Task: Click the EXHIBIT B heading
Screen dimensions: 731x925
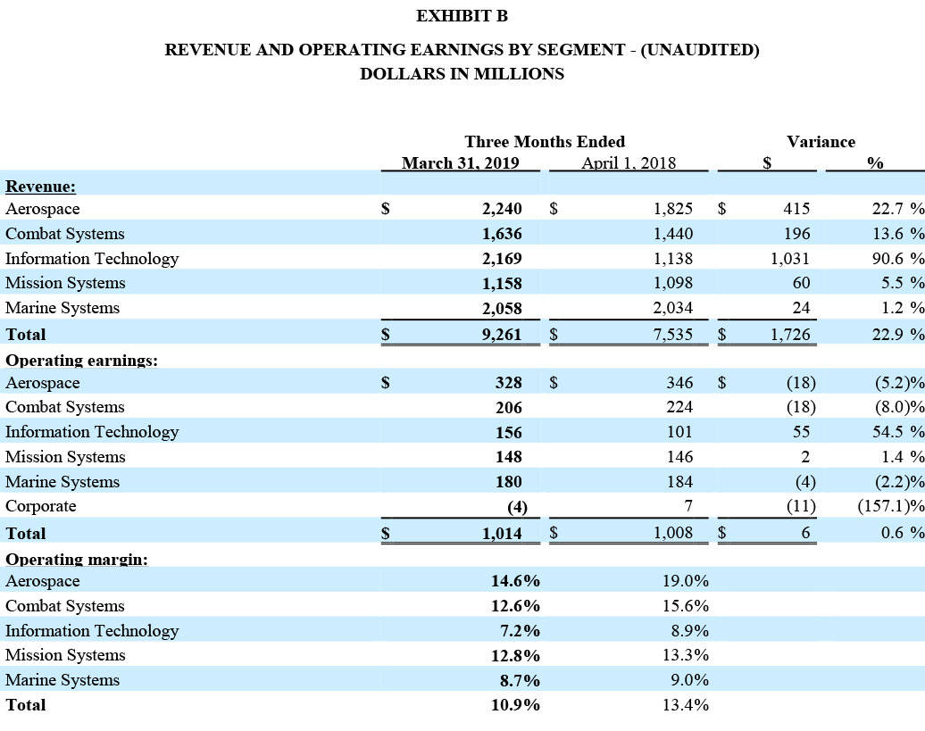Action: point(462,16)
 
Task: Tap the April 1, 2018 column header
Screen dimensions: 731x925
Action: point(628,162)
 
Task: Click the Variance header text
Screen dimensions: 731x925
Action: point(821,141)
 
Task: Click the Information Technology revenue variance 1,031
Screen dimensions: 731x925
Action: point(790,259)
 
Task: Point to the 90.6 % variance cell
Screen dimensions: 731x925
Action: point(896,259)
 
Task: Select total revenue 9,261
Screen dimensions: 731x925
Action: point(500,335)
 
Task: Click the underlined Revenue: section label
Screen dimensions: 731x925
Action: point(40,186)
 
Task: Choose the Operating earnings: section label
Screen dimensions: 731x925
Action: point(81,361)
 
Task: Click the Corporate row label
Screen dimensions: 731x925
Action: point(40,506)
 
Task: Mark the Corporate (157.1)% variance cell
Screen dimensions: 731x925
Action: point(889,506)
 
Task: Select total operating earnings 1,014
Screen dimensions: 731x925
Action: point(500,533)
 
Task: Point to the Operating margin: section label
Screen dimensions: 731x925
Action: point(77,560)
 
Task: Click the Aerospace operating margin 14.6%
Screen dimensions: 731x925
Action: point(515,581)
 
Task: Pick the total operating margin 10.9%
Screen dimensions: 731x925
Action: point(515,704)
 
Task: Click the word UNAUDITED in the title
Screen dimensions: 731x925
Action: point(698,49)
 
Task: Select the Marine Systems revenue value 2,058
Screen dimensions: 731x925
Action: point(500,309)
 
